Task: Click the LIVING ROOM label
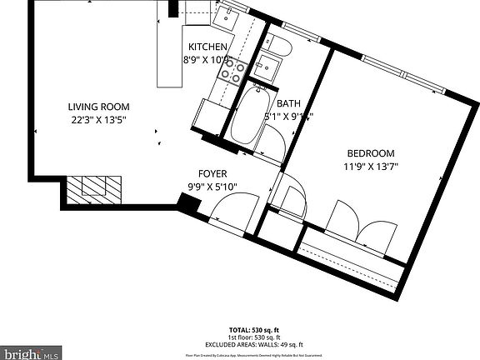pos(98,106)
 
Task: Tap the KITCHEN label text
pos(207,47)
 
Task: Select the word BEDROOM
pos(371,153)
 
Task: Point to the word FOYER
pos(212,173)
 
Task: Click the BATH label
pos(288,103)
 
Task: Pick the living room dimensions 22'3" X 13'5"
pos(98,119)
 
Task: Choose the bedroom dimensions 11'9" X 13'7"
pos(371,167)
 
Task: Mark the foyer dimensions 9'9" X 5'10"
pos(212,186)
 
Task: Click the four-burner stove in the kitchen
pos(232,73)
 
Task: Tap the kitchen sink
pos(226,14)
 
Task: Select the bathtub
pos(246,117)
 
